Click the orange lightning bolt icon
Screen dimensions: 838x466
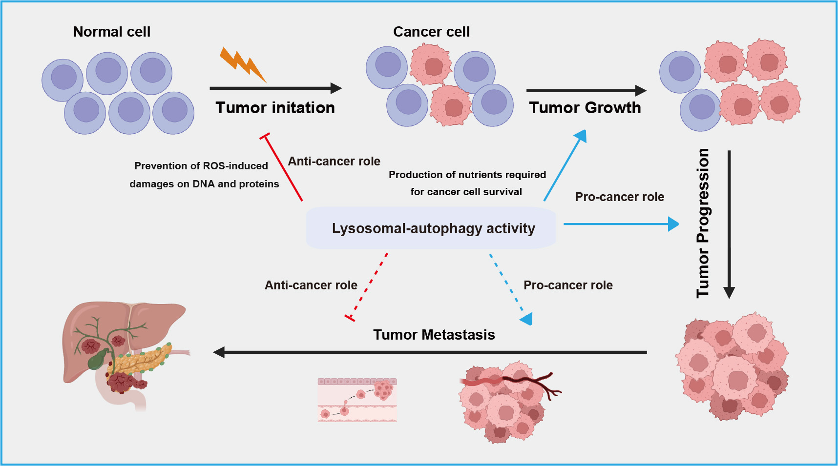243,64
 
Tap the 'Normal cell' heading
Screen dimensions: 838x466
112,32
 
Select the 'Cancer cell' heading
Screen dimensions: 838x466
431,32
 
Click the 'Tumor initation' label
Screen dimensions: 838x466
275,107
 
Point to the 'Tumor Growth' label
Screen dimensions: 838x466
585,107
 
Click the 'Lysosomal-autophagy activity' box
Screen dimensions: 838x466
431,228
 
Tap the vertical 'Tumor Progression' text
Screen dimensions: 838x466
703,223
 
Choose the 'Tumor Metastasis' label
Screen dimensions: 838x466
434,335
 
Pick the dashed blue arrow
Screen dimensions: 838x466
511,289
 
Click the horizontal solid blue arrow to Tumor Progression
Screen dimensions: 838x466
621,224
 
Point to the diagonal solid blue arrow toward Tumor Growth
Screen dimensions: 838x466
565,165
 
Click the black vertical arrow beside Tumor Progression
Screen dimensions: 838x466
729,224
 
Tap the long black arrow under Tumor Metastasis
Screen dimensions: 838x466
430,352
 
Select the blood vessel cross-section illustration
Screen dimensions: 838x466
357,400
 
